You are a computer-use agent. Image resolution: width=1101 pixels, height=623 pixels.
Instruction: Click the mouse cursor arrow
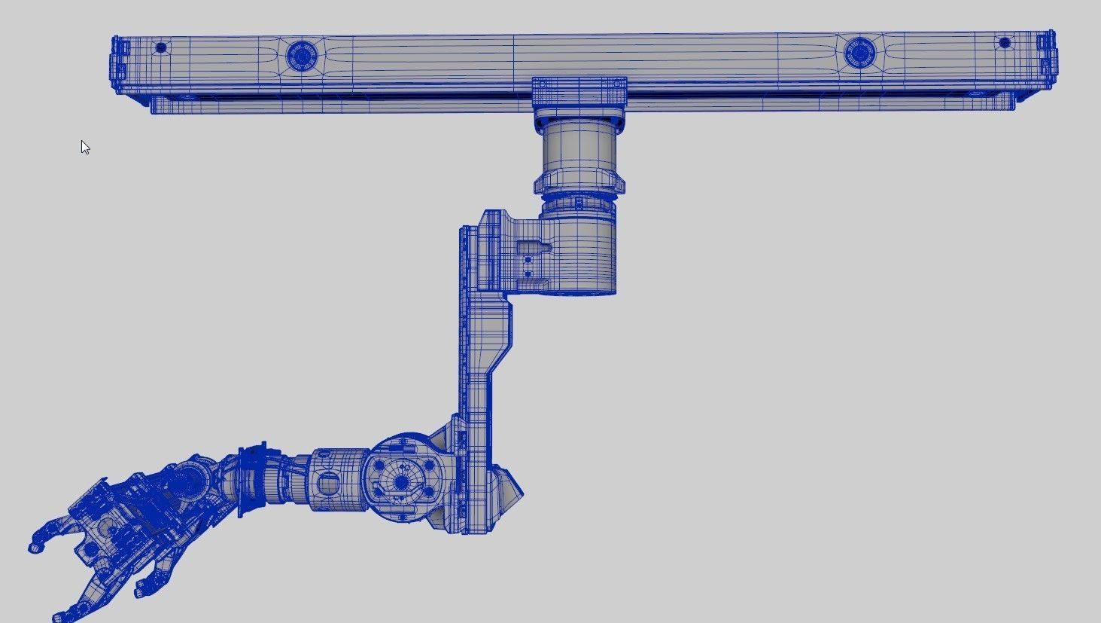click(85, 147)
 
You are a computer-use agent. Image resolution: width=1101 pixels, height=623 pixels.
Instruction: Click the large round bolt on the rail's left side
click(302, 55)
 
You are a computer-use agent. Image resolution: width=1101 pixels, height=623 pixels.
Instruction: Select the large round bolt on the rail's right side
click(857, 52)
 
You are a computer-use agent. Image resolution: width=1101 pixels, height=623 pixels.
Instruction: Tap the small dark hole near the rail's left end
click(160, 48)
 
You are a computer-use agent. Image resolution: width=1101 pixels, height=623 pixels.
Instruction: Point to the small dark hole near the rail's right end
click(1004, 43)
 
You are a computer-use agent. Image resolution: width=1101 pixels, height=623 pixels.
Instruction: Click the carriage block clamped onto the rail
click(579, 92)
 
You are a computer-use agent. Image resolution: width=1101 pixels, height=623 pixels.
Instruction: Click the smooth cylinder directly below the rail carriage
click(579, 148)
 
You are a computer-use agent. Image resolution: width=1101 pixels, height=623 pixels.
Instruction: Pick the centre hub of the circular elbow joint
click(403, 481)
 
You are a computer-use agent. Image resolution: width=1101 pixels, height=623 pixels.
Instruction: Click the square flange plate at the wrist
click(252, 480)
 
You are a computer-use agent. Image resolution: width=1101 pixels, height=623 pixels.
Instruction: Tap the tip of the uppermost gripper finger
click(34, 547)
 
